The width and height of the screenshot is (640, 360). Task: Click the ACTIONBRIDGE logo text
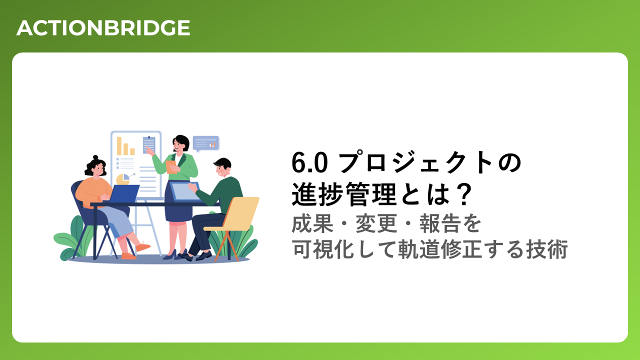coord(103,27)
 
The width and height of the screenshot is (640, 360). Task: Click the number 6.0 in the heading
coord(309,162)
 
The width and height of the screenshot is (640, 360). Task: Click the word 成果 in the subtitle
coord(312,223)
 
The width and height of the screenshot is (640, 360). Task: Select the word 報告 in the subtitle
coord(440,223)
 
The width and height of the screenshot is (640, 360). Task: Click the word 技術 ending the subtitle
coord(547,249)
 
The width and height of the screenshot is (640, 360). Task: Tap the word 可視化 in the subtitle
coord(323,249)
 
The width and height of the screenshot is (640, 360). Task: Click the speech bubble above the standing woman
coord(205,143)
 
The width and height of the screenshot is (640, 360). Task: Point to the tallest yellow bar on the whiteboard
coord(119,145)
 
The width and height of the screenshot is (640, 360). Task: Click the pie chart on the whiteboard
coord(123,179)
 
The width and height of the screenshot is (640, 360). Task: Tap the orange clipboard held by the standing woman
coord(171,167)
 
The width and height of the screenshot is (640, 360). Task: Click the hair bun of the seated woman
coord(95,157)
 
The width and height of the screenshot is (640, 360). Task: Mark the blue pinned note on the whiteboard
coord(149,144)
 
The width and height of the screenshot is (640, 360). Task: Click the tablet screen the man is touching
coord(184,191)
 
